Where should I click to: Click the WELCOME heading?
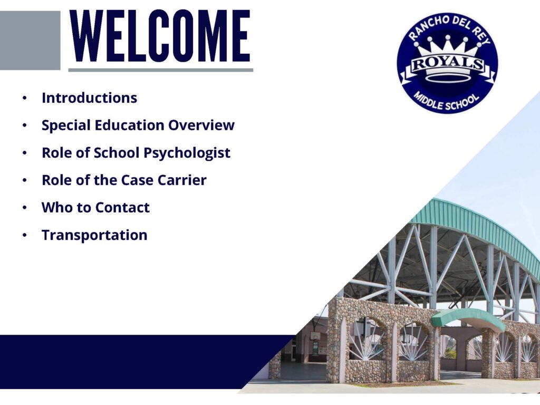coord(160,36)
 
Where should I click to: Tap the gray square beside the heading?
coord(30,40)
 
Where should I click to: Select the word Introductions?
coord(90,98)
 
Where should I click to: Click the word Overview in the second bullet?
coord(201,125)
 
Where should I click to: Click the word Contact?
coord(122,208)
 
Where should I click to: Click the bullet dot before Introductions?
coord(24,98)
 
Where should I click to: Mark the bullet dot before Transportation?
coord(24,236)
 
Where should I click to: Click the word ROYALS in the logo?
coord(448,63)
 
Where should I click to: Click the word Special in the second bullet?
coord(66,126)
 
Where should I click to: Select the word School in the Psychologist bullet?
coord(117,152)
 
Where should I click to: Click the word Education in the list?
coord(129,125)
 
